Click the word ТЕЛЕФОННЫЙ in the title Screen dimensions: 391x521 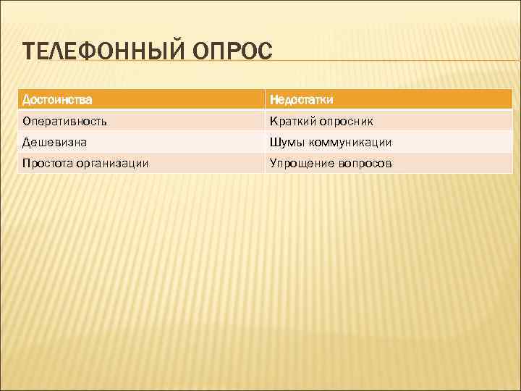(105, 53)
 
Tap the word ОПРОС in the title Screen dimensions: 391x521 (233, 53)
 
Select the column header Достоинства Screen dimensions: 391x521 (57, 98)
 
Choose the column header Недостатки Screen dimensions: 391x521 (301, 98)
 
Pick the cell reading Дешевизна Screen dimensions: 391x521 (54, 142)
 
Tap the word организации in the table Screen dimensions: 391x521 (114, 164)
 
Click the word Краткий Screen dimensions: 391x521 (291, 120)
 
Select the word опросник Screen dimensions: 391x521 (346, 120)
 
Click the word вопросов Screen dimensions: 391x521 (365, 164)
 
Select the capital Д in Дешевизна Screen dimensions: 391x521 (27, 142)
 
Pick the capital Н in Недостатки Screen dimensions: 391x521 (274, 98)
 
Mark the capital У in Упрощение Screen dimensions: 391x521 (273, 164)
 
